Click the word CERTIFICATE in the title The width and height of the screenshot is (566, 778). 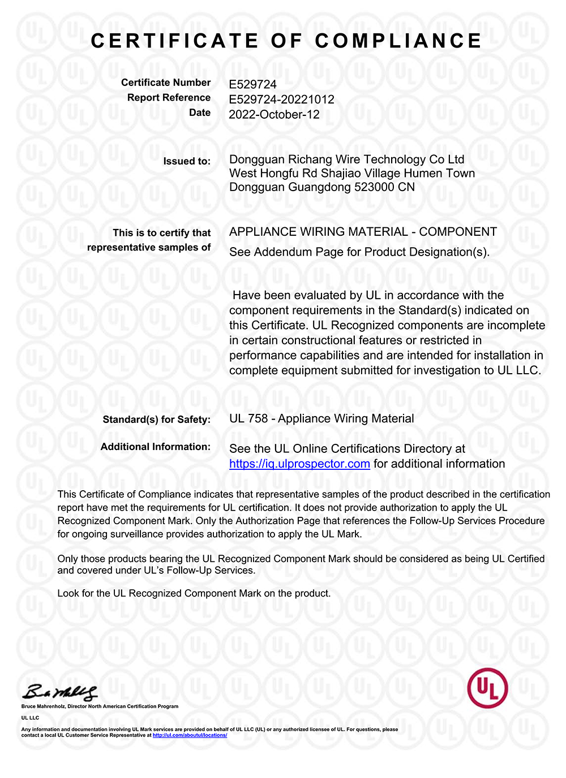(x=174, y=41)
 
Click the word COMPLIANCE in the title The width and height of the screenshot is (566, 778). (x=398, y=41)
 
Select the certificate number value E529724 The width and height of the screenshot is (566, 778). (x=252, y=84)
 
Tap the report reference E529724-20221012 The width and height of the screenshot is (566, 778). (x=281, y=100)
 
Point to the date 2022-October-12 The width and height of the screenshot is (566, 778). (x=274, y=114)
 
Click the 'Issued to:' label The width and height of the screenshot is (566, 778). (x=187, y=161)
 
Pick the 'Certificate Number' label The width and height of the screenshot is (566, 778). (x=165, y=83)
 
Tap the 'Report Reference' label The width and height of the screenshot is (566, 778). (x=169, y=98)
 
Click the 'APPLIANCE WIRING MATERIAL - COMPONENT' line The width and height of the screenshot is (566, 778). (x=363, y=232)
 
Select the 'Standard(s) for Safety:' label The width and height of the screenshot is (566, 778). (x=156, y=420)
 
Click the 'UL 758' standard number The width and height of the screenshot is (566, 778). (x=248, y=419)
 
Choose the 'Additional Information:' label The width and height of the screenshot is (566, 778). (x=155, y=447)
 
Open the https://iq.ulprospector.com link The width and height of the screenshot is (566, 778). (x=299, y=464)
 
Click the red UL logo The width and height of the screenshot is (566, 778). (x=487, y=688)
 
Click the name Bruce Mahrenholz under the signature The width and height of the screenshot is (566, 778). (x=43, y=706)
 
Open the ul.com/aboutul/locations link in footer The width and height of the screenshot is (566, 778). (x=190, y=735)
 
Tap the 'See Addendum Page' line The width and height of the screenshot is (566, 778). (x=359, y=252)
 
